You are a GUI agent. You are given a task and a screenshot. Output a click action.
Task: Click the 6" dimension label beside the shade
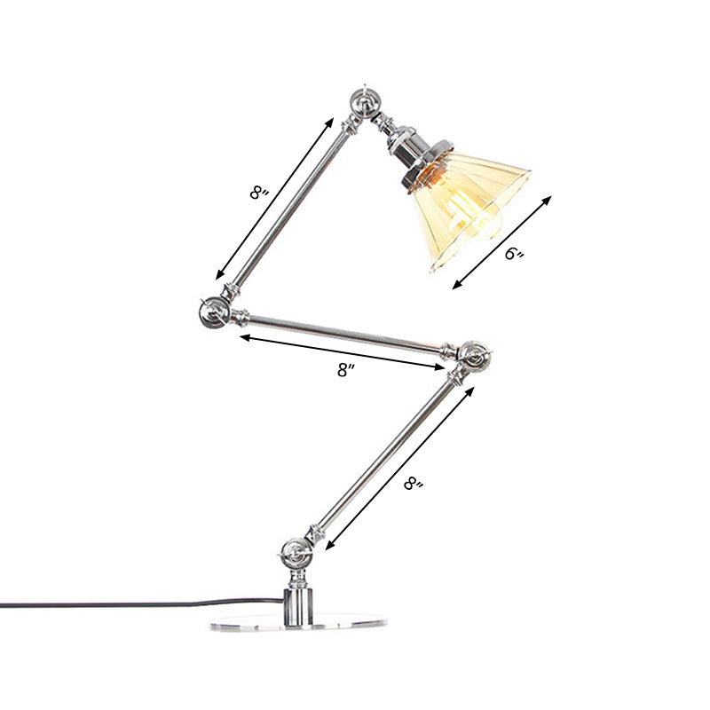[x=515, y=255]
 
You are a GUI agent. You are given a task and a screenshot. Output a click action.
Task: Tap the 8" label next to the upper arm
[x=259, y=191]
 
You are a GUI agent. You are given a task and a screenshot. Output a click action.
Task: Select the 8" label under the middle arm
[x=345, y=371]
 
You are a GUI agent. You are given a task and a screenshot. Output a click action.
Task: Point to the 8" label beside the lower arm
[x=414, y=485]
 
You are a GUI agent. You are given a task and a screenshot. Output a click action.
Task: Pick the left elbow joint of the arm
[x=214, y=311]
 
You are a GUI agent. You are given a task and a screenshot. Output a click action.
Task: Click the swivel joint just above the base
[x=294, y=556]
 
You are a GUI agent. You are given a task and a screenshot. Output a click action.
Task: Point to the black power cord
[x=133, y=605]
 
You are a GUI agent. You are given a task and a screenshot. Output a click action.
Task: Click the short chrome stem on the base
[x=298, y=600]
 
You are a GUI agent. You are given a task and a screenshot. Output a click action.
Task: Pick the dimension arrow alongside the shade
[x=502, y=241]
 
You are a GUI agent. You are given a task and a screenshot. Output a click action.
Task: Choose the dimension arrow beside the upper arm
[x=275, y=197]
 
